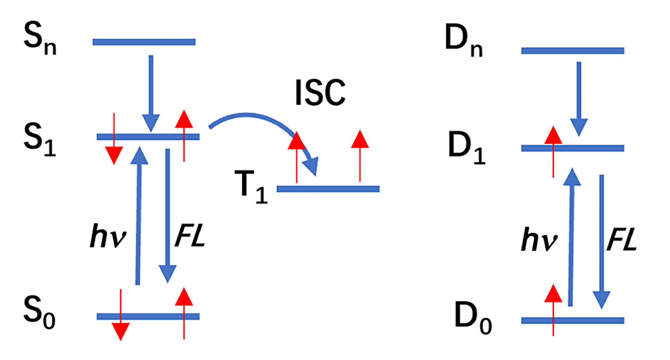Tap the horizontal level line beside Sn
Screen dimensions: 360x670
[x=144, y=42]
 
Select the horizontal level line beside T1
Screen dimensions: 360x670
[x=328, y=189]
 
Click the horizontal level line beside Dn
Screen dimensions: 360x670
[x=573, y=51]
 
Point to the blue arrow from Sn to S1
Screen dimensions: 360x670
[x=151, y=92]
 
